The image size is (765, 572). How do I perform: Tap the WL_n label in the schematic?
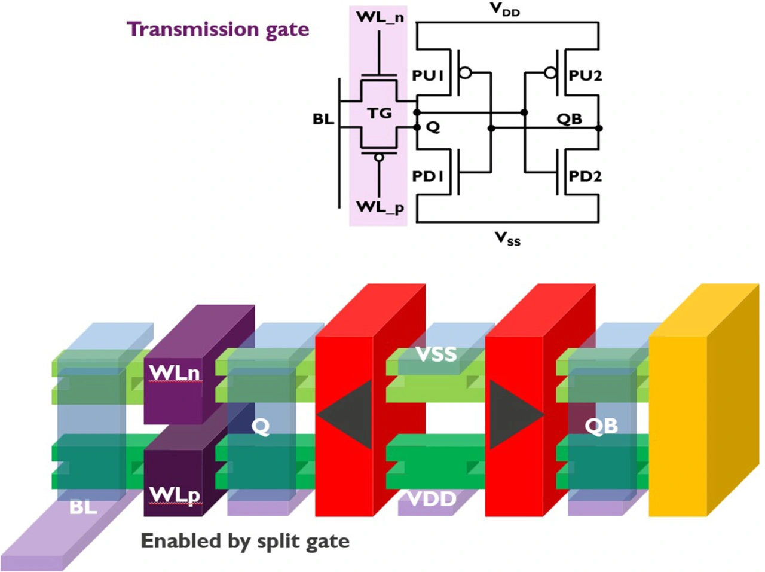[x=380, y=17]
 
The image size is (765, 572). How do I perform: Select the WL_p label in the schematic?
[x=380, y=208]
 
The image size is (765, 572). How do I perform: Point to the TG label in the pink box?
[x=379, y=114]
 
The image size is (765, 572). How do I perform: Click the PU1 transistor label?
[x=428, y=76]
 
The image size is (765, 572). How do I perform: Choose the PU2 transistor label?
[x=586, y=76]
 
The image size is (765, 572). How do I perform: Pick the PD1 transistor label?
[x=428, y=176]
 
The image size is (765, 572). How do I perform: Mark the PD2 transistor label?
[x=586, y=176]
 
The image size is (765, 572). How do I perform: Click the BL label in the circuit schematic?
[x=323, y=119]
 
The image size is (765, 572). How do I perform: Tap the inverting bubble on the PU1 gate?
[x=466, y=73]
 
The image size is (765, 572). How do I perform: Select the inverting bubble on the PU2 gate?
[x=550, y=73]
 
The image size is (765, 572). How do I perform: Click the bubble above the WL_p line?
[x=379, y=158]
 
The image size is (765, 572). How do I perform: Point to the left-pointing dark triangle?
[x=344, y=414]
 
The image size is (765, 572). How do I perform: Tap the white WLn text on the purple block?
[x=175, y=373]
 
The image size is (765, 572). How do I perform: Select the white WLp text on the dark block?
[x=175, y=495]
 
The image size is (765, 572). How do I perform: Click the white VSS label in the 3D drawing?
[x=436, y=354]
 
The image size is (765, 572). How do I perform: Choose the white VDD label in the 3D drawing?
[x=432, y=499]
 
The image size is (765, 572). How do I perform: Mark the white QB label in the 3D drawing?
[x=601, y=426]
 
